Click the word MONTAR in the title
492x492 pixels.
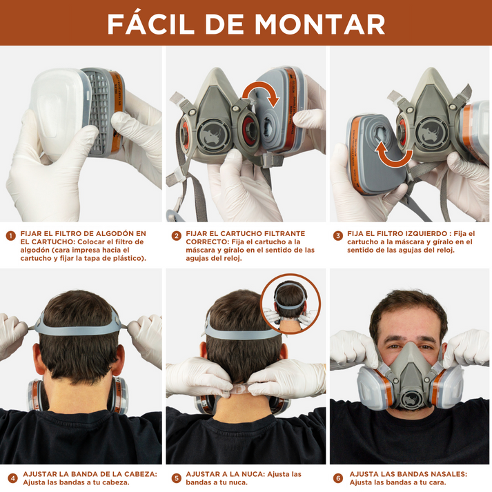coord(319,23)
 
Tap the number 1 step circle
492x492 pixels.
coord(10,235)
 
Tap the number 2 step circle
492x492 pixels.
coord(177,235)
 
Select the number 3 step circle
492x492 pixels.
coord(338,235)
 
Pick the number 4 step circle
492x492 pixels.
coord(12,478)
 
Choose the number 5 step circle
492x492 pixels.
coord(177,478)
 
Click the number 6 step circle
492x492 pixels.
coord(338,478)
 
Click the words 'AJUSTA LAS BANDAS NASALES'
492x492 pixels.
coord(408,474)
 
